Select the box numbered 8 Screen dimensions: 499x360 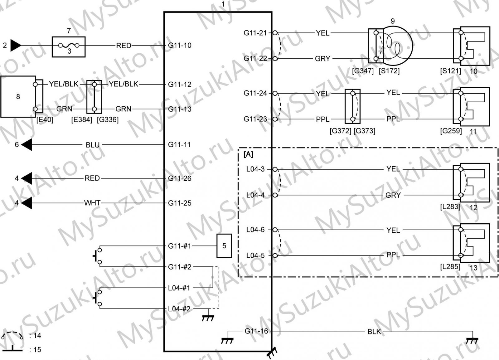pos(18,96)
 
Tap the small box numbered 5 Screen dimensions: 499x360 pos(224,246)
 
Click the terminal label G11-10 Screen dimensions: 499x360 pos(180,46)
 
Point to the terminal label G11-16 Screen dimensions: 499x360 pos(256,331)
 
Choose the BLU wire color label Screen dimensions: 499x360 pos(92,145)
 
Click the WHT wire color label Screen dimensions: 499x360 pos(92,203)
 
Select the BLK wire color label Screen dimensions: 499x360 pos(374,332)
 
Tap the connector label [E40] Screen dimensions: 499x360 pos(45,120)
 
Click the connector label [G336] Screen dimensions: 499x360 pos(108,120)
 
